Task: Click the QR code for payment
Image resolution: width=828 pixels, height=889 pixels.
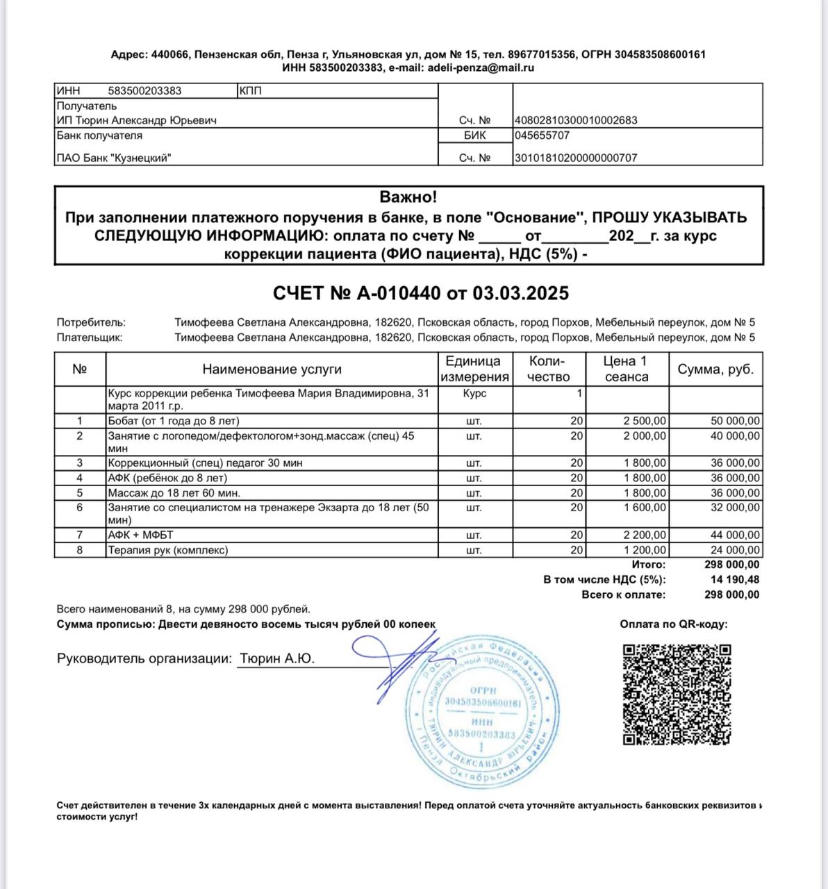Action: (x=677, y=694)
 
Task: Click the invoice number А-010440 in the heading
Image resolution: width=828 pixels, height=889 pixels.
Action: (x=399, y=294)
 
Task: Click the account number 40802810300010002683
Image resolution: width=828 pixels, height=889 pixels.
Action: (x=576, y=120)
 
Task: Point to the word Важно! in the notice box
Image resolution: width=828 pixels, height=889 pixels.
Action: (x=408, y=197)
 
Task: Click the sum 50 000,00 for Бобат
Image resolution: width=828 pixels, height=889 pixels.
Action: (x=735, y=421)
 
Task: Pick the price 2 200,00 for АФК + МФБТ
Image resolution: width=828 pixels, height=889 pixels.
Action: (x=645, y=535)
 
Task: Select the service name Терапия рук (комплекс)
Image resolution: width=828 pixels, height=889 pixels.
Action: (x=168, y=550)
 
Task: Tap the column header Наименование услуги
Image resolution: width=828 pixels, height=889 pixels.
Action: (x=272, y=369)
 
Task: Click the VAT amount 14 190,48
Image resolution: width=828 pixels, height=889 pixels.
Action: (x=734, y=580)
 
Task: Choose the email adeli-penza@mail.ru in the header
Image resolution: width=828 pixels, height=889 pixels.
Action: (x=481, y=68)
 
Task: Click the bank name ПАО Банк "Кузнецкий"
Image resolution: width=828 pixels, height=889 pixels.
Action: (x=114, y=158)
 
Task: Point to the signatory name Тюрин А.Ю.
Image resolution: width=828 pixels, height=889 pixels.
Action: (x=277, y=658)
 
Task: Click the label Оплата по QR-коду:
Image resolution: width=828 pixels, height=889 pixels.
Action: (x=674, y=624)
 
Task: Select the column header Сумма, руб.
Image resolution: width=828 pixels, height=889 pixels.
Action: (x=715, y=369)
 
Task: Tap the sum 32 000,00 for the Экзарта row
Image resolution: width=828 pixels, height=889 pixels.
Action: (x=735, y=508)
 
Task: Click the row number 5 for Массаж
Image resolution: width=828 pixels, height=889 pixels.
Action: (x=80, y=493)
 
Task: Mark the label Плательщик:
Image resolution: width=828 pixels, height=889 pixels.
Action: (x=90, y=338)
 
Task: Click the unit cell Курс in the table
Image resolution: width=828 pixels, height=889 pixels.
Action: (x=474, y=393)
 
